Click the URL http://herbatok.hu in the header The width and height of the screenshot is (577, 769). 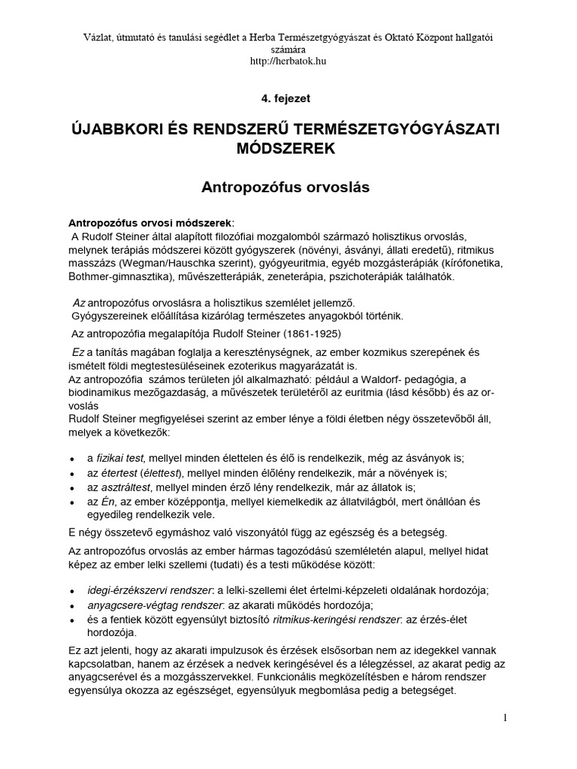point(288,61)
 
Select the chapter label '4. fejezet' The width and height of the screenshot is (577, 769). point(288,98)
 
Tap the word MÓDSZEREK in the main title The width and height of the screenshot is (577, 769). point(288,149)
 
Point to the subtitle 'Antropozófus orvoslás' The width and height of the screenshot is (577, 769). point(288,188)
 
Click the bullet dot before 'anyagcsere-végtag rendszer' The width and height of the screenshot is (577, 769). point(71,605)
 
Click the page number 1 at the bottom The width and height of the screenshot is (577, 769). point(506,717)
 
